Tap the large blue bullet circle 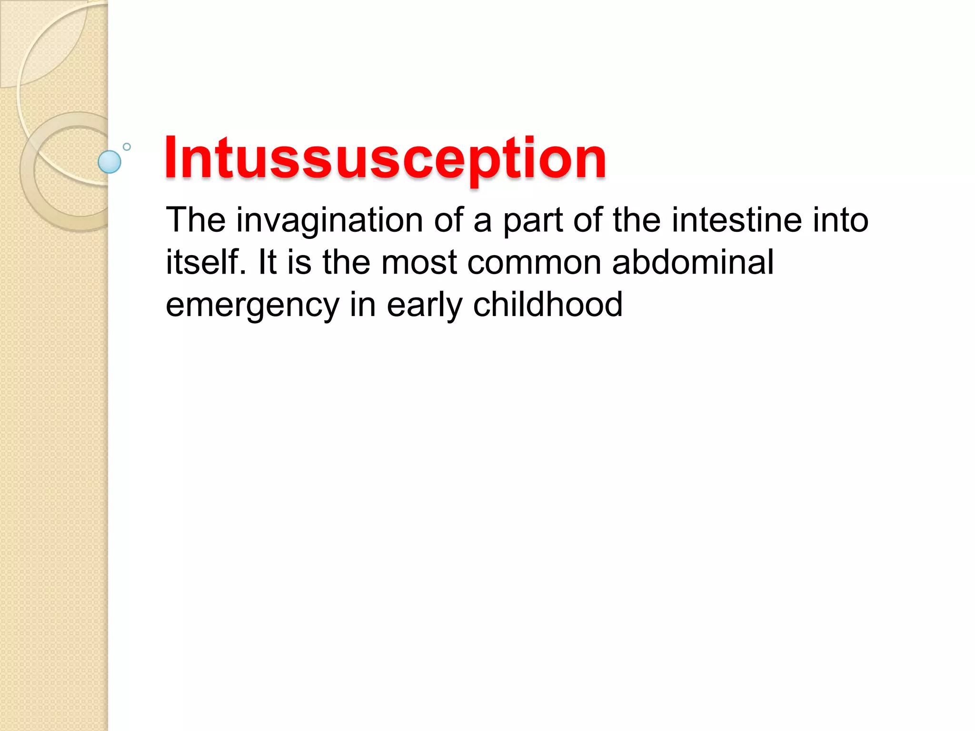tap(109, 162)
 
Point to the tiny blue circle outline tap(127, 147)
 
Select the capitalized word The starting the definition tap(196, 220)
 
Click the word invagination tap(329, 221)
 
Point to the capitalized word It tap(267, 262)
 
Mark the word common tap(534, 263)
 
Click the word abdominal tap(693, 262)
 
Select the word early tap(424, 306)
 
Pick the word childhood tap(547, 305)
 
